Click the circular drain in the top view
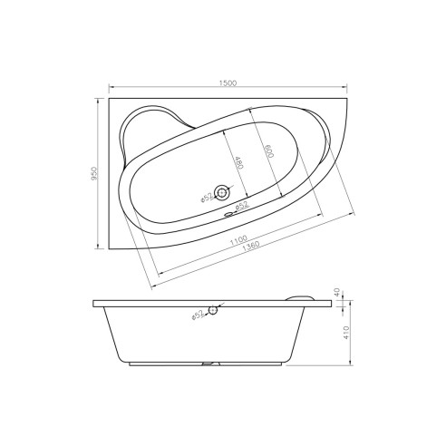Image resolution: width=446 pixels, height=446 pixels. pyautogui.click(x=223, y=191)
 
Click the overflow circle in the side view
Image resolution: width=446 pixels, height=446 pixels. pyautogui.click(x=213, y=311)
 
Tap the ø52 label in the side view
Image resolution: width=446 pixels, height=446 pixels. pyautogui.click(x=199, y=316)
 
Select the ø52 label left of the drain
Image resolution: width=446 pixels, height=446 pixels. pyautogui.click(x=206, y=195)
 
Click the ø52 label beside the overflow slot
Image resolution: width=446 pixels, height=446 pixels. pyautogui.click(x=242, y=208)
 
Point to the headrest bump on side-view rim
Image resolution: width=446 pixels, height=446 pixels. pyautogui.click(x=300, y=295)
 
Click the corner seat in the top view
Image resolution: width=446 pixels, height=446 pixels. pyautogui.click(x=154, y=127)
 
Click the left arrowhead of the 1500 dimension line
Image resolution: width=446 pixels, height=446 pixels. pyautogui.click(x=111, y=89)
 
